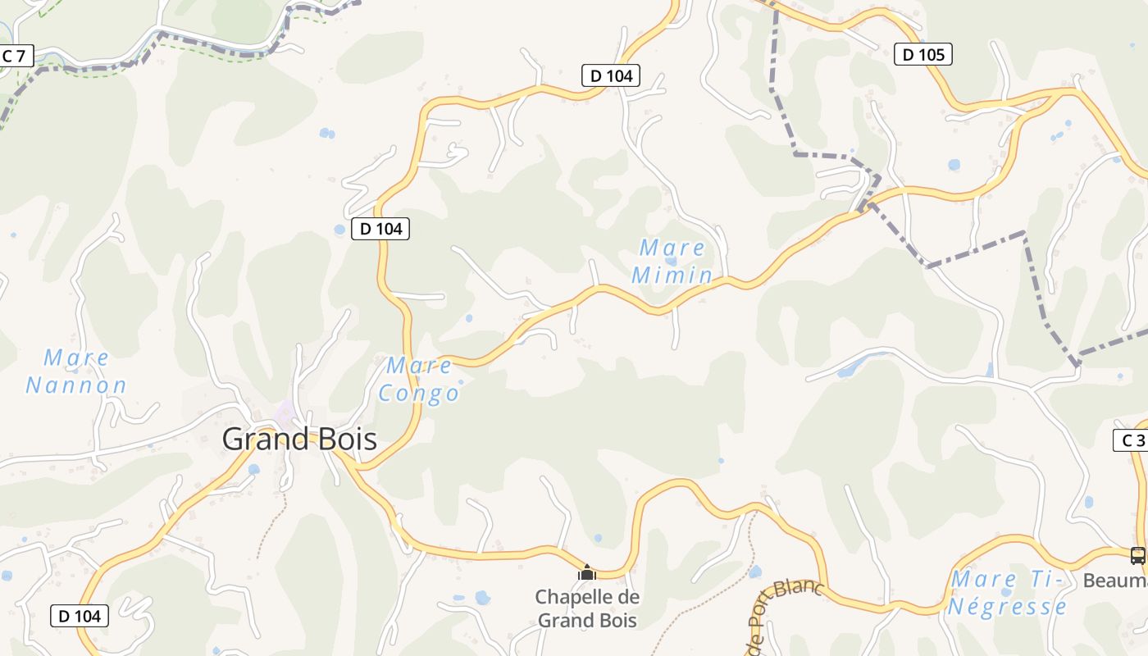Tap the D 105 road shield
point(922,55)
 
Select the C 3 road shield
point(1132,440)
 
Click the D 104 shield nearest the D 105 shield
point(611,75)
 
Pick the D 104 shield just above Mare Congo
point(380,229)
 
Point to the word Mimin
point(672,275)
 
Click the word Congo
point(419,394)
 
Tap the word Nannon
point(76,385)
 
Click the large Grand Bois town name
point(299,440)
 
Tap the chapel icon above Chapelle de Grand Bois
point(587,572)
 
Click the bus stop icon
point(1137,555)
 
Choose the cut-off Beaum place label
point(1115,581)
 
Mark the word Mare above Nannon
point(76,358)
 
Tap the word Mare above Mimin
point(672,248)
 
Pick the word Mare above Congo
point(419,365)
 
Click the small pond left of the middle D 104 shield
point(339,230)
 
